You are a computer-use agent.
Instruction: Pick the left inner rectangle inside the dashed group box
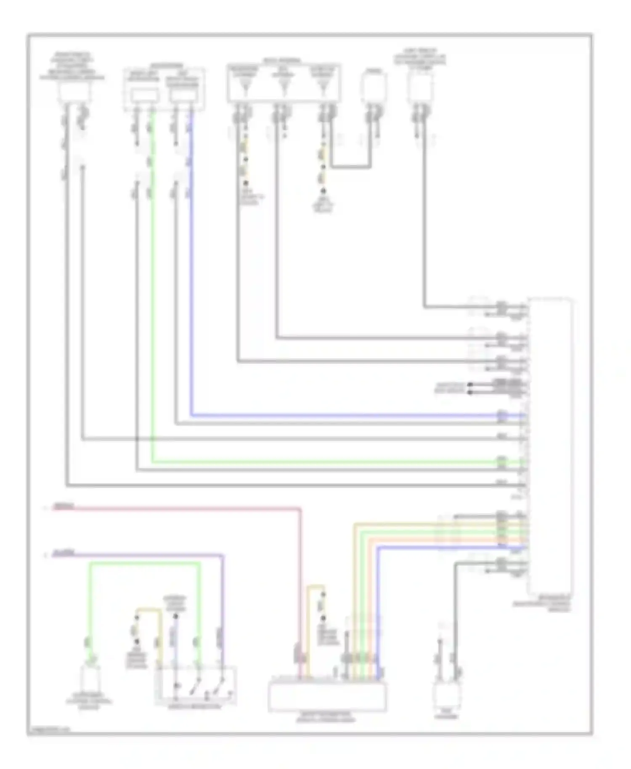click(x=144, y=96)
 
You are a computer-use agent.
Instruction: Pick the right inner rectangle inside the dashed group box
click(x=183, y=96)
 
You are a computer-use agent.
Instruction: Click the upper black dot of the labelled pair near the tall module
click(x=470, y=384)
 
